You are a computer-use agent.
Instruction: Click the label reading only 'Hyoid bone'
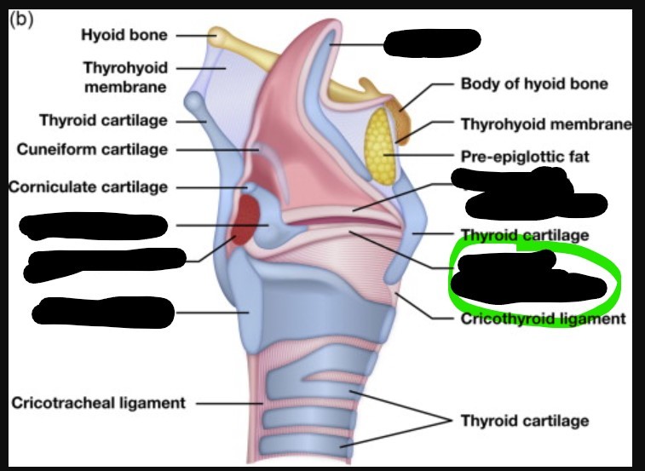pos(124,35)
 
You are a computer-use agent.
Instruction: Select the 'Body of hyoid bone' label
pos(534,84)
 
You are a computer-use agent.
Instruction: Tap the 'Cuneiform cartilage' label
pos(92,150)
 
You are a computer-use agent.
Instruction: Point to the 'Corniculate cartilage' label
pos(89,187)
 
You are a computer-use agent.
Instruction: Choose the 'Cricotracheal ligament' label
pos(98,403)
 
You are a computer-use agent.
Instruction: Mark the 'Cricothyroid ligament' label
pos(543,319)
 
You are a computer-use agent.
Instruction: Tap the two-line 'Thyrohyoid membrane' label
pos(124,76)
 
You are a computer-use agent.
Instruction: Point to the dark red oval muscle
pos(246,220)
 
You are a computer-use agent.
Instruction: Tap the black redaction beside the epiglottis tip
pos(432,40)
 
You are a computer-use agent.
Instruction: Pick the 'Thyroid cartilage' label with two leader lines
pos(524,421)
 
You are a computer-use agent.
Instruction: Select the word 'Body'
pos(480,84)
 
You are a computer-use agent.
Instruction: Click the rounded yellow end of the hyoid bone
pos(220,37)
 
